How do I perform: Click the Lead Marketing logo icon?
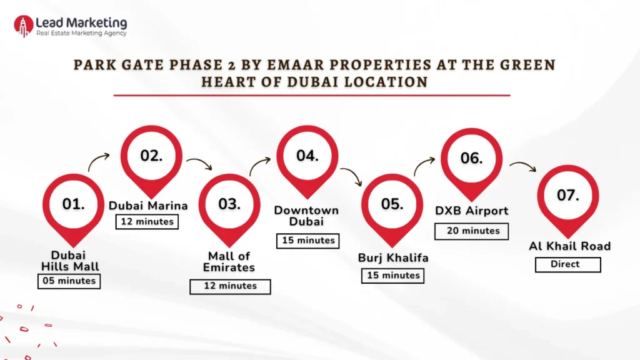[24, 26]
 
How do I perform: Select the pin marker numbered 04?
[307, 156]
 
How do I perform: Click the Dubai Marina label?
[149, 206]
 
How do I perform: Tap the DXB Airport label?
[472, 211]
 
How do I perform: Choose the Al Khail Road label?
[569, 246]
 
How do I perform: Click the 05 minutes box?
[69, 281]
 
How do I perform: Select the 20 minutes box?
[472, 231]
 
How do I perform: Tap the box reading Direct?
[567, 264]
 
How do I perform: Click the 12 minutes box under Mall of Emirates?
[230, 286]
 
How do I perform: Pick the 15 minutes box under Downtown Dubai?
[307, 241]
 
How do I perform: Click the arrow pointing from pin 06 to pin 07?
[523, 166]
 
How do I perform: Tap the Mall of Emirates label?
[229, 261]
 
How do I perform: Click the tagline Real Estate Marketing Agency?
[81, 33]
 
